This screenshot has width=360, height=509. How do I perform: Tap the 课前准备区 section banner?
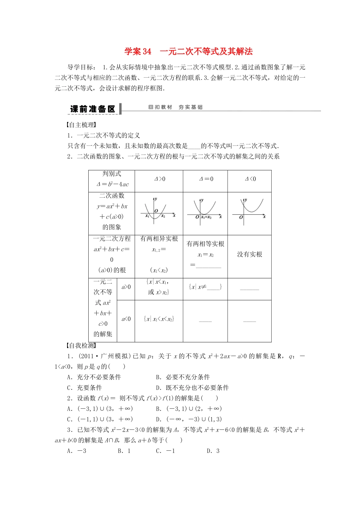coord(92,109)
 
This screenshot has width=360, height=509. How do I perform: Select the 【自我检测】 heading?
coord(81,345)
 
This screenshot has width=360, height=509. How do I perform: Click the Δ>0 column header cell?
coord(159,179)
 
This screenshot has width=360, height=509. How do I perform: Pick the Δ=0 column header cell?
coord(206,179)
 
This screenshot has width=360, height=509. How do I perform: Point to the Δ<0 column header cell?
coord(250,179)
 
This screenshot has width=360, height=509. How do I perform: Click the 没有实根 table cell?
coord(249,254)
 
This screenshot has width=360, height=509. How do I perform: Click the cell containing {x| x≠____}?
coord(205,287)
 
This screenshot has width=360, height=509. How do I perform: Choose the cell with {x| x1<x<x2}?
coord(159,319)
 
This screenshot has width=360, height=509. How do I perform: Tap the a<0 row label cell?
coord(126,319)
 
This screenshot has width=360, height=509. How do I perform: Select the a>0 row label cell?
coord(126,287)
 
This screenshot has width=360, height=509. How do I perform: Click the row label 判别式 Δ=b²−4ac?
coord(112,179)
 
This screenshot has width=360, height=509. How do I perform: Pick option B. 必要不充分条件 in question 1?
coord(183,377)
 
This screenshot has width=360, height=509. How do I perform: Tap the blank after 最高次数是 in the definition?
coord(194,146)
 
